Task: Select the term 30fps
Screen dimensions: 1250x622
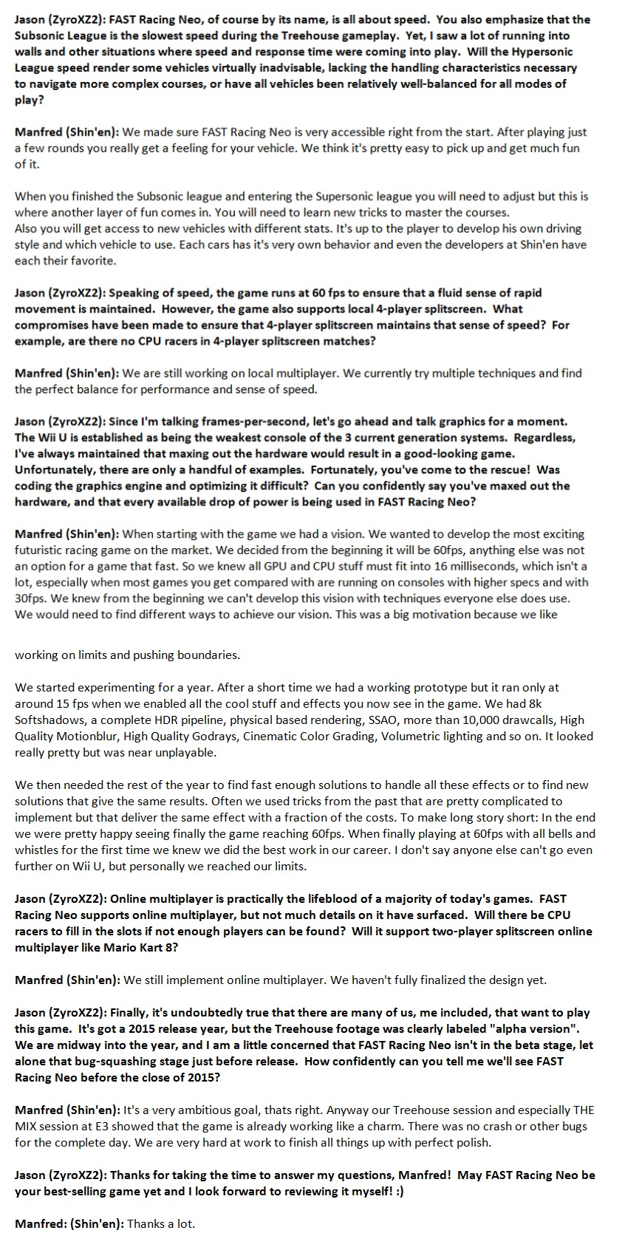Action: click(31, 598)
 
